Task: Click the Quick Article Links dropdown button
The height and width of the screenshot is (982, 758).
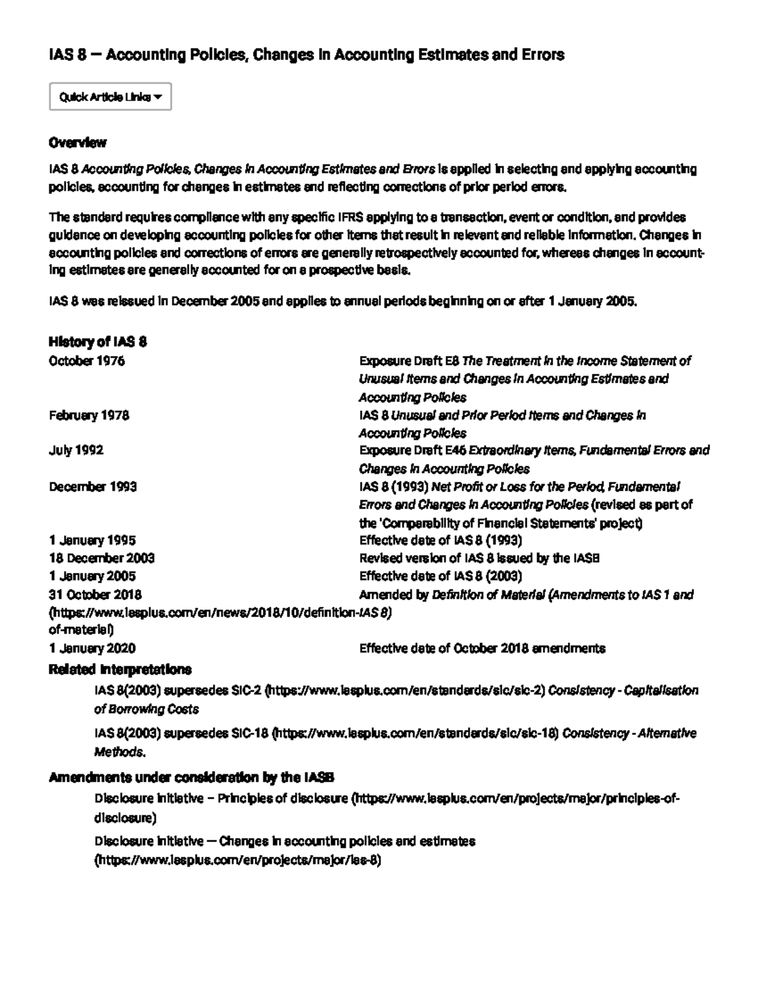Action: coord(111,97)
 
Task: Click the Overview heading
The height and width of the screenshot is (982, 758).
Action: coord(77,142)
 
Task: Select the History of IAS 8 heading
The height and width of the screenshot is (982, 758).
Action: coord(97,342)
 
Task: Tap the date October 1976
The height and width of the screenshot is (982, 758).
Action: coord(87,361)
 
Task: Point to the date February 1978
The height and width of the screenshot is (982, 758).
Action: coord(89,415)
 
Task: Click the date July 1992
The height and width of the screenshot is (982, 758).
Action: coord(76,450)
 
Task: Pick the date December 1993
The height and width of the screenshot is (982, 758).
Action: coord(93,487)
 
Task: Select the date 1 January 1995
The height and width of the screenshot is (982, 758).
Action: coord(92,541)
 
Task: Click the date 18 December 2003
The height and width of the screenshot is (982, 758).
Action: coord(102,558)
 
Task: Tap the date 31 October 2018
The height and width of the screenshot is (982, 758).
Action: coord(95,595)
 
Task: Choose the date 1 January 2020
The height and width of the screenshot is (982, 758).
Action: coord(92,648)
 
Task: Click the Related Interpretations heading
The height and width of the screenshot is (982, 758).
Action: coord(120,669)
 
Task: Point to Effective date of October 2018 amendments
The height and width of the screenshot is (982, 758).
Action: coord(482,648)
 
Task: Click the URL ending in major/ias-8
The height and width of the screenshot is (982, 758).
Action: coord(238,861)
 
